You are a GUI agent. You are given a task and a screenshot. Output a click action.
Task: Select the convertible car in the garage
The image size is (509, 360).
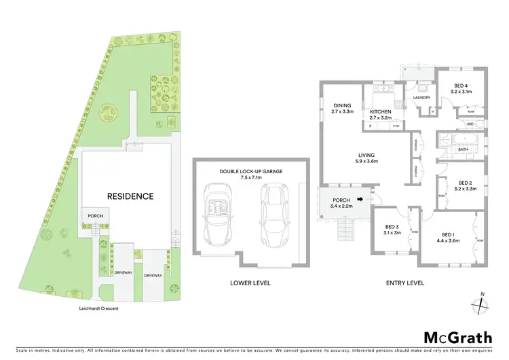point(219,209)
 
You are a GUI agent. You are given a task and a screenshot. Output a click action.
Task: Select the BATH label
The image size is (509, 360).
point(464,149)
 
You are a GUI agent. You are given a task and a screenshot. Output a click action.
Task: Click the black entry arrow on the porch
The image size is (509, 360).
point(361,199)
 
